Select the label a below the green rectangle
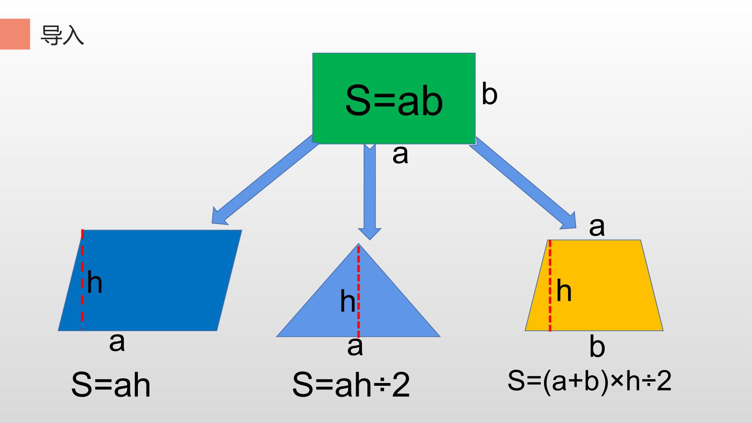(400, 154)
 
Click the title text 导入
(62, 36)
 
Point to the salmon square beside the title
(15, 34)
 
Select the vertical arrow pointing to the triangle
(370, 191)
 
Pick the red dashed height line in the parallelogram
(82, 280)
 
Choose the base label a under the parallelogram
(117, 342)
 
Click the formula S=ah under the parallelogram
(111, 385)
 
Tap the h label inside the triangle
(347, 301)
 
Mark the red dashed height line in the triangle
(358, 290)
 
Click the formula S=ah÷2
(351, 385)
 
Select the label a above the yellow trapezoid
(597, 226)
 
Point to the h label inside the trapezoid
(564, 291)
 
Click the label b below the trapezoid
(597, 346)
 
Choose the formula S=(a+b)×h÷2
(589, 381)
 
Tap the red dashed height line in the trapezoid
(550, 286)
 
